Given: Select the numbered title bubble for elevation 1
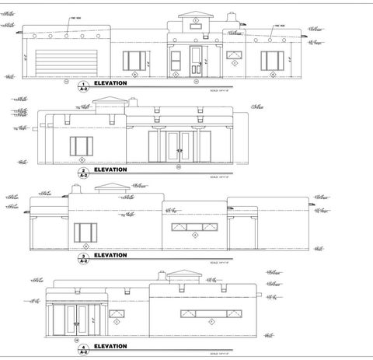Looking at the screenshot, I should pyautogui.click(x=83, y=83).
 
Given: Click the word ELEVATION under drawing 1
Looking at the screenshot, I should pyautogui.click(x=110, y=82).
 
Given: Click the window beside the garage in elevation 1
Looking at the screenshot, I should pyautogui.click(x=135, y=61).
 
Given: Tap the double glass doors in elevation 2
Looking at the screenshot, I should pyautogui.click(x=178, y=146).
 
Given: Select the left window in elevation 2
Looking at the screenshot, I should pyautogui.click(x=82, y=146).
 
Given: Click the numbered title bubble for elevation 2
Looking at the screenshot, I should pyautogui.click(x=83, y=170).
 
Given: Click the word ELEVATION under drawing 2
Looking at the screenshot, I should pyautogui.click(x=110, y=170).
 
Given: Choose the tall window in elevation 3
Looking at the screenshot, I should pyautogui.click(x=85, y=232).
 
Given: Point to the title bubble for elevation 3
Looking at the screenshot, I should pyautogui.click(x=83, y=256).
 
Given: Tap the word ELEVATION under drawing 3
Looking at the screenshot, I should pyautogui.click(x=110, y=255).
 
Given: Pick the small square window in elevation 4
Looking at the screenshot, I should pyautogui.click(x=117, y=311).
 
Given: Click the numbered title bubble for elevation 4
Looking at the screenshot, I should pyautogui.click(x=83, y=347).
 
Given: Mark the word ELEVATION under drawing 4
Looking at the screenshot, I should pyautogui.click(x=110, y=346).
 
